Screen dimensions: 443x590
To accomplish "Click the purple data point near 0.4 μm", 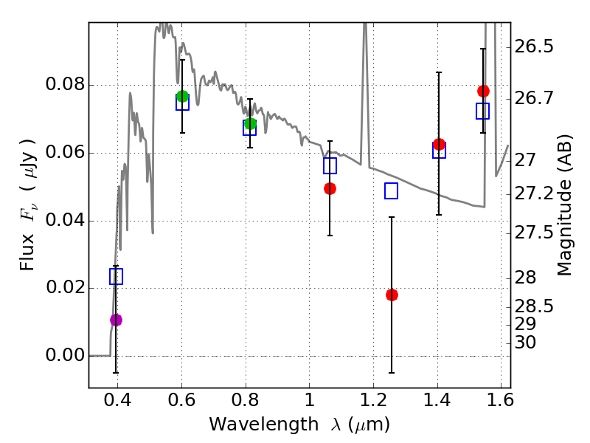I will coord(116,320).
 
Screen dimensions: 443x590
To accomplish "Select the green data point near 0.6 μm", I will coord(182,96).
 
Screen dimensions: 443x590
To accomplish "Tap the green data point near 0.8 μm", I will coord(250,123).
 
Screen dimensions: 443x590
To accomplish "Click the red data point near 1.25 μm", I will coord(392,295).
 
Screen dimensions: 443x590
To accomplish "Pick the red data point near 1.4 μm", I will coord(439,144).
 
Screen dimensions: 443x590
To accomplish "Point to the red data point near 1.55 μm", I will coord(483,91).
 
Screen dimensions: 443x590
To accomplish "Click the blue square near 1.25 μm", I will coord(391,191).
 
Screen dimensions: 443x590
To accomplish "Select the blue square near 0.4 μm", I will coord(116,276).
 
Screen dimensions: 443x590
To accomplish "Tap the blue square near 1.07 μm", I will coord(330,165).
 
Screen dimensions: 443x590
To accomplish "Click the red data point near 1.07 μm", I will coord(330,188).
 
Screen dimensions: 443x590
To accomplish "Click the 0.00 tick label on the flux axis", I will coord(64,356).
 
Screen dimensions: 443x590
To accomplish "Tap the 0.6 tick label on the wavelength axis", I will coord(181,402).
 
